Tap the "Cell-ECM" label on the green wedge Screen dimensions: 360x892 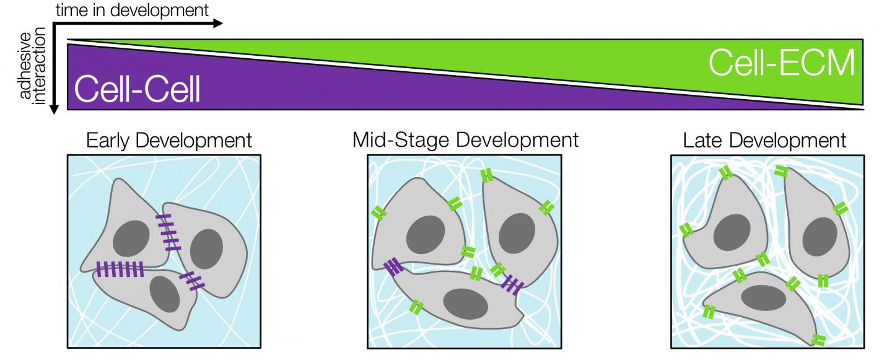781,63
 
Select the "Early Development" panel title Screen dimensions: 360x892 169,140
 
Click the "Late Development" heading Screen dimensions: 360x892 764,140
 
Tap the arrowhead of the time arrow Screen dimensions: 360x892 216,24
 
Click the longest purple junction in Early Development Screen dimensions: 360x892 120,268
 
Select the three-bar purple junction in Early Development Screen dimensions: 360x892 192,281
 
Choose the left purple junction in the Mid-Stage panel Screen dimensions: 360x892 393,268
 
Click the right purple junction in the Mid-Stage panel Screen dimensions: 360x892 512,284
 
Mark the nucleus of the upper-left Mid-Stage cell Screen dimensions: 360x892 426,234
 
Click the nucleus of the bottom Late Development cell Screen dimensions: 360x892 760,297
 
